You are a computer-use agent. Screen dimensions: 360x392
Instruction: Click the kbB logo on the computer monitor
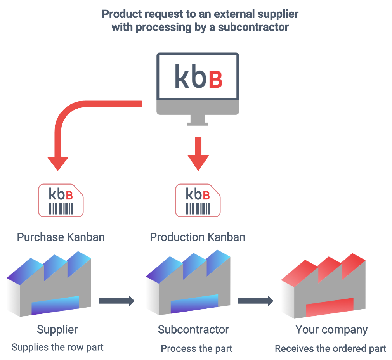point(198,76)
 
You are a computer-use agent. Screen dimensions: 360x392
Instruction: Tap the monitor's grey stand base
point(198,123)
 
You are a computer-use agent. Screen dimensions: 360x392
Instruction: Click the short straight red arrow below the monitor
point(198,153)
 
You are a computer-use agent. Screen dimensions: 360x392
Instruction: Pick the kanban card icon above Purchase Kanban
point(61,201)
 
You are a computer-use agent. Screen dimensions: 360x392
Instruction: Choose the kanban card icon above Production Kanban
point(198,201)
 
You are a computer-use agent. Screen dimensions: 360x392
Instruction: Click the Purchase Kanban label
point(61,237)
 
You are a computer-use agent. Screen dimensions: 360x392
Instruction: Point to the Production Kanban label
point(198,237)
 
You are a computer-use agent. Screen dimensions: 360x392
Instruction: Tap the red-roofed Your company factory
point(323,285)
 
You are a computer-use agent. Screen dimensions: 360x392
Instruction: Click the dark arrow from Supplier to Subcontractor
point(116,301)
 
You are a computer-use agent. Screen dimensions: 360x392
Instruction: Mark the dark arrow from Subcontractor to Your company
point(255,301)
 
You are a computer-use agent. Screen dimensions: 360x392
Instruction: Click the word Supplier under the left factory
point(57,330)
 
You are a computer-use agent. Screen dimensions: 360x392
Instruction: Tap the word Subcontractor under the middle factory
point(193,330)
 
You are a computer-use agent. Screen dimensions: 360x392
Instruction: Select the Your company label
point(331,330)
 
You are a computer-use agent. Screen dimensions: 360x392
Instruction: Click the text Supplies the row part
point(57,347)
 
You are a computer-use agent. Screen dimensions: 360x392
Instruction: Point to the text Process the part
point(196,348)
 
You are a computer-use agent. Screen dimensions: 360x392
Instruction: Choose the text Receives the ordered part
point(330,348)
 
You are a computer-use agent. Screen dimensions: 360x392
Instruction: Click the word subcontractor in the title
point(255,28)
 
